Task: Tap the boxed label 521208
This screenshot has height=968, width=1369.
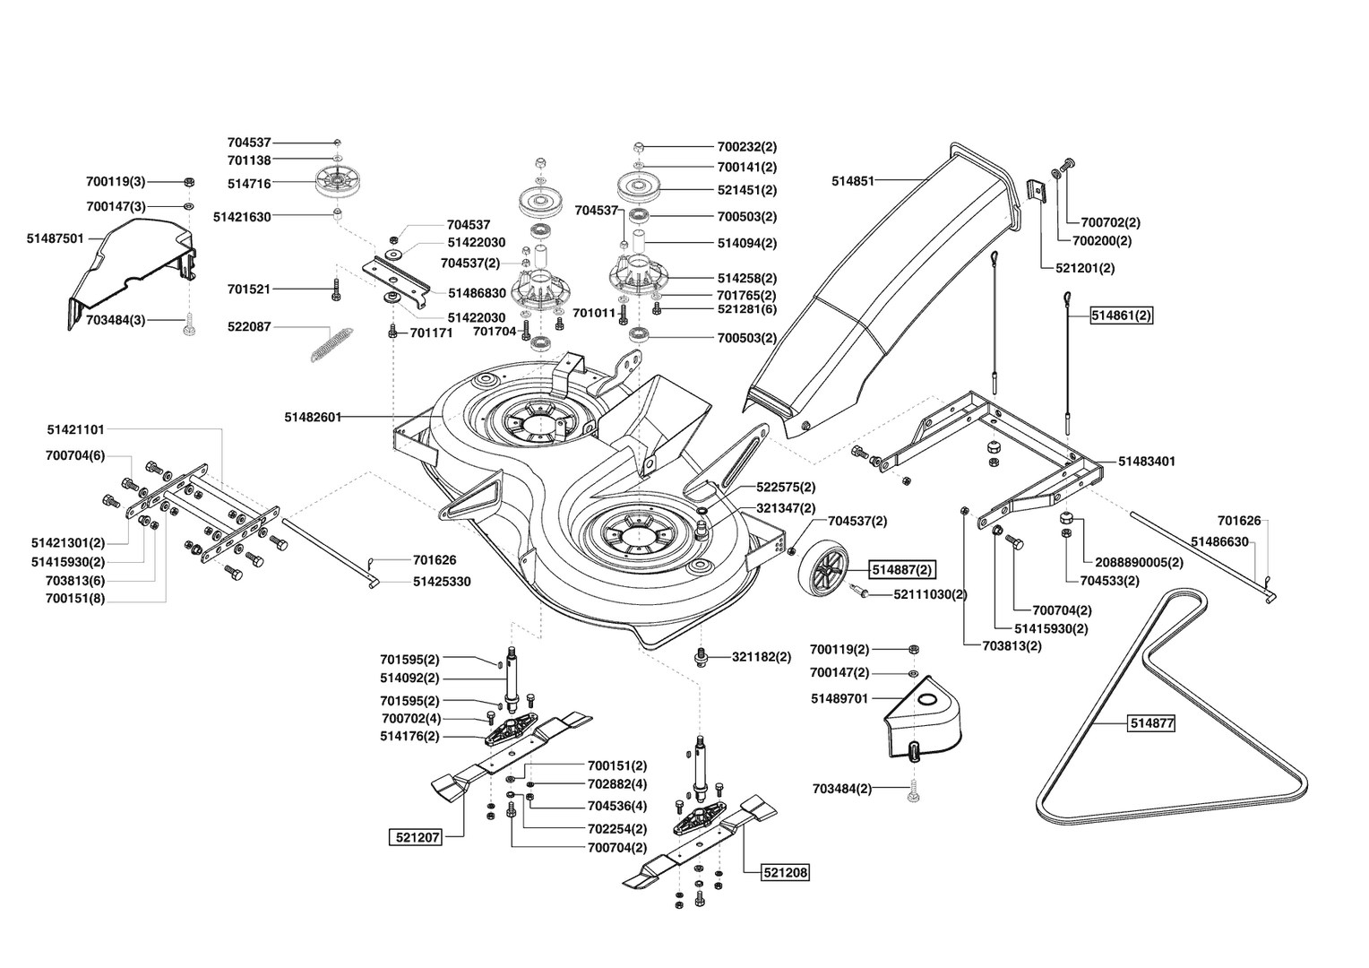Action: pos(786,873)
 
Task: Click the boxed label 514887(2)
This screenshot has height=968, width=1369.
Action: pos(902,569)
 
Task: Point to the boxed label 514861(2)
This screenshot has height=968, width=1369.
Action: pos(1122,315)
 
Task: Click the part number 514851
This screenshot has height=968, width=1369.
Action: pos(853,181)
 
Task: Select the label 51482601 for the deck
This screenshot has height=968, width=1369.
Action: pos(313,417)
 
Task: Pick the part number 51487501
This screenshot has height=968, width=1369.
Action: pos(55,238)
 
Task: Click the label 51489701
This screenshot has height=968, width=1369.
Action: pos(839,698)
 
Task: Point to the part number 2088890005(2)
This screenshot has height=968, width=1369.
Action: pos(1140,562)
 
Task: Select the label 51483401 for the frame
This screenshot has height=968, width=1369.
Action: pos(1147,461)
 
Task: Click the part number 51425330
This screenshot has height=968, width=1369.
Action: pos(442,582)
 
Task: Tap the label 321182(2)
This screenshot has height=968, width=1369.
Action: pos(762,657)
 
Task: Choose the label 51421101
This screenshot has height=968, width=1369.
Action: pos(76,430)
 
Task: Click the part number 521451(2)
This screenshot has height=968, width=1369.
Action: pos(747,190)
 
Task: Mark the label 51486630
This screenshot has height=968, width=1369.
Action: pos(1219,541)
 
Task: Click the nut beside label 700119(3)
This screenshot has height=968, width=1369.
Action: pos(189,182)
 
